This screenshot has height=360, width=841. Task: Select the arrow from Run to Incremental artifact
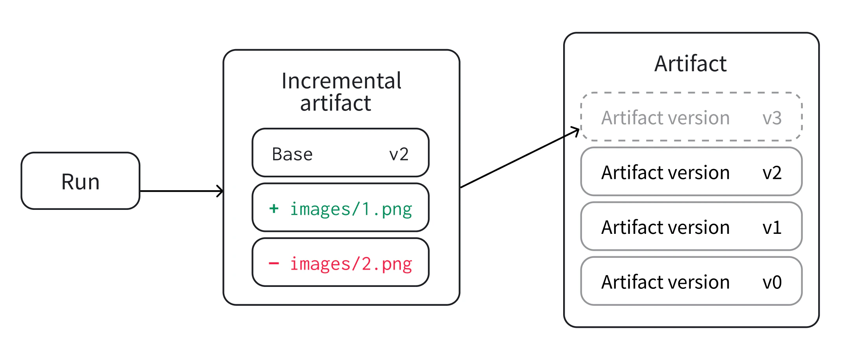click(181, 191)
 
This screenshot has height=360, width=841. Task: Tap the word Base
click(292, 154)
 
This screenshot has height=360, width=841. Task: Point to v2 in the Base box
click(399, 154)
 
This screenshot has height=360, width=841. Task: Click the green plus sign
click(274, 208)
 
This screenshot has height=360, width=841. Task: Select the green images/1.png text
click(351, 209)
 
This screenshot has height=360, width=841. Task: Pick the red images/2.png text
click(351, 264)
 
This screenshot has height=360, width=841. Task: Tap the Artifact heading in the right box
click(690, 64)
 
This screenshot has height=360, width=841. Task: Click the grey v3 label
click(772, 118)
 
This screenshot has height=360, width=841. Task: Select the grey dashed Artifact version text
click(665, 118)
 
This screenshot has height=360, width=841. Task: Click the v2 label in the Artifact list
click(772, 173)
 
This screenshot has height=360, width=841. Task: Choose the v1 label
click(772, 228)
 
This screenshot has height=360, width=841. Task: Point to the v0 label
click(772, 282)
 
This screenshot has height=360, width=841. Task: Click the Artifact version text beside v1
click(665, 228)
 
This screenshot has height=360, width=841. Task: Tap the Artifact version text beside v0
click(665, 282)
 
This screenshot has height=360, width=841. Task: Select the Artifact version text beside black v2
click(665, 173)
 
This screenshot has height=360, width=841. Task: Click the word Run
click(81, 182)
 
